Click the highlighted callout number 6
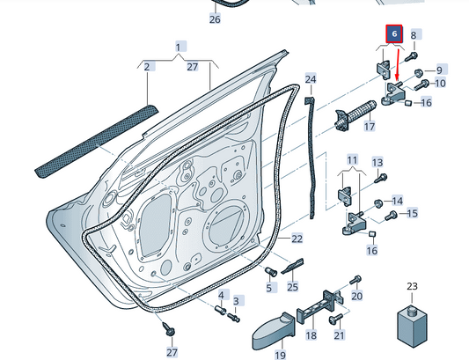[394, 33]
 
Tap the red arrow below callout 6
[398, 65]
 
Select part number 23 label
[412, 286]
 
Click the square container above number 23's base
[412, 327]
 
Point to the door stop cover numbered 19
[274, 330]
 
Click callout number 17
[370, 126]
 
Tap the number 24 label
[311, 79]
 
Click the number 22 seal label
[297, 239]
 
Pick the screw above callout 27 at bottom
[169, 329]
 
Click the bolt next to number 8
[411, 57]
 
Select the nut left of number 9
[418, 73]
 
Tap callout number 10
[440, 83]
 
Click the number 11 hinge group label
[352, 160]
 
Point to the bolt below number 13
[380, 179]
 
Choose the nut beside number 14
[378, 204]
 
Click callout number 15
[412, 213]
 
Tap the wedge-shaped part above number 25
[292, 266]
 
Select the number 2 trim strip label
[147, 66]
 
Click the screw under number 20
[336, 319]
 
